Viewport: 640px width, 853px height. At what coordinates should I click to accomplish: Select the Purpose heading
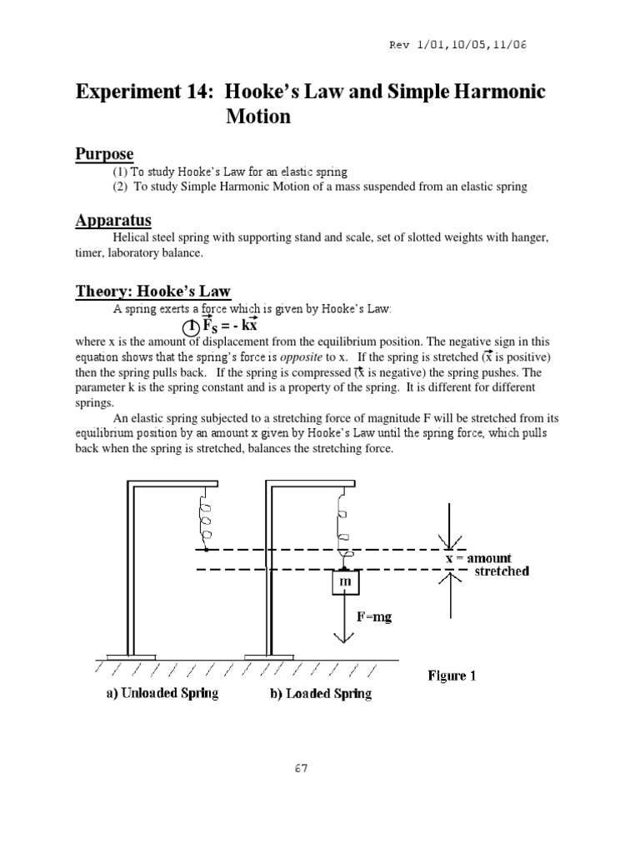pos(105,154)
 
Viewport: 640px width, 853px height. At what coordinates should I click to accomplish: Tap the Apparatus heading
pos(114,220)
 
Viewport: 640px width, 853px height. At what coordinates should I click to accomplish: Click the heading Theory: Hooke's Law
pos(153,291)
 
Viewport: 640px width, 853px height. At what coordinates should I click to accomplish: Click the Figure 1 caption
pos(452,676)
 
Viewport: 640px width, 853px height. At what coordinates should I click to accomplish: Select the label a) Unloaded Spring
pos(162,693)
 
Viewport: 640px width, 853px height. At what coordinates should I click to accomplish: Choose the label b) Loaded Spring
pos(320,693)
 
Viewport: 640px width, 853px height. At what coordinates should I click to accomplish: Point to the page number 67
pos(301,769)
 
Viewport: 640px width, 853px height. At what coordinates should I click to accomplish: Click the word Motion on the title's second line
pos(258,117)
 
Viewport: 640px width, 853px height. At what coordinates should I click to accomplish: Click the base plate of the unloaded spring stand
pos(132,656)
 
